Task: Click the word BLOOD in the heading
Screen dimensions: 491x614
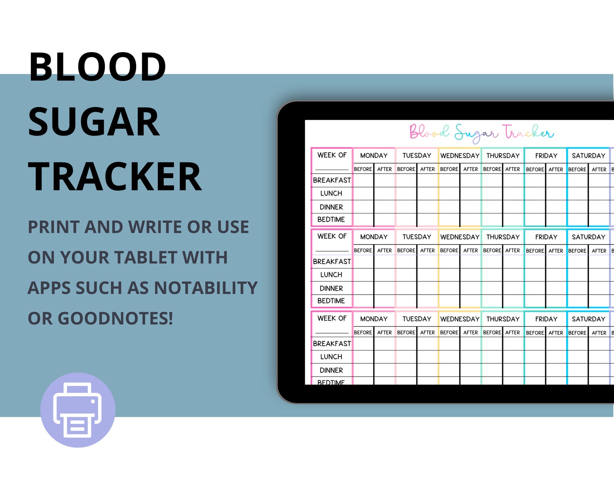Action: [97, 67]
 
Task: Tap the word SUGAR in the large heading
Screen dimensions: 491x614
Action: [94, 122]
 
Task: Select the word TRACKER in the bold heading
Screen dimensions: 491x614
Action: [115, 177]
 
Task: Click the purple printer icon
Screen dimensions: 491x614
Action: [78, 410]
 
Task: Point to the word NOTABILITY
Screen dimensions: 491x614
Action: [206, 288]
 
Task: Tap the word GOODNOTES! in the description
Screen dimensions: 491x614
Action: [115, 319]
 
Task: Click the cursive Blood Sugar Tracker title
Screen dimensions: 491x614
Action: [481, 133]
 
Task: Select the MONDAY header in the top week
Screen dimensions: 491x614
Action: [374, 155]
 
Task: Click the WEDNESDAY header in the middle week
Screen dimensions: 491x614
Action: [460, 237]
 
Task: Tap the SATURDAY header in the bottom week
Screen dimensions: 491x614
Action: [588, 319]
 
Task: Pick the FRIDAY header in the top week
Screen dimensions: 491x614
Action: [546, 155]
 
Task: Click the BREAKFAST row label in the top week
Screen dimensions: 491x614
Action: [332, 180]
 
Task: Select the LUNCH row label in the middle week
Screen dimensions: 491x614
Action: [331, 275]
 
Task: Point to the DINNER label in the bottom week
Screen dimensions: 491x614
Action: [331, 370]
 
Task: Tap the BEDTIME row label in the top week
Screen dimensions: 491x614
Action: [331, 220]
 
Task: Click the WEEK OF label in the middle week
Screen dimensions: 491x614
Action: [332, 236]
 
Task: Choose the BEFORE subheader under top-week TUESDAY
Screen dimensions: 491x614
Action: [406, 169]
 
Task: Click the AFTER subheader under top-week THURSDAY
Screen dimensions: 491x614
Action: [513, 169]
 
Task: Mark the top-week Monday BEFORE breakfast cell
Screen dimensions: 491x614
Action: [363, 181]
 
